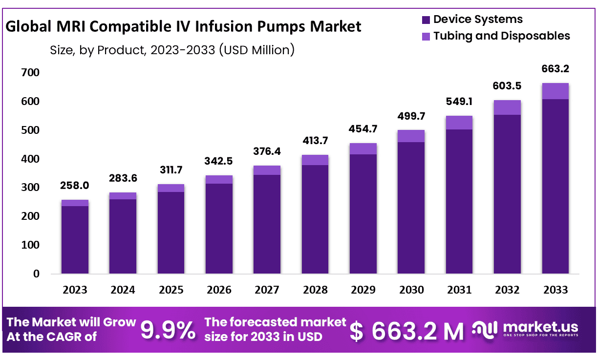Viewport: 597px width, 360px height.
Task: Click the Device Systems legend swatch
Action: point(426,20)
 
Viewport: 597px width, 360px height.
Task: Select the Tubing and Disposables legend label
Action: point(502,36)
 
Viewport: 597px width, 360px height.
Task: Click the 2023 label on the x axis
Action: point(75,290)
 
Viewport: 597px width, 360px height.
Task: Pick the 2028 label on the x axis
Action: point(315,290)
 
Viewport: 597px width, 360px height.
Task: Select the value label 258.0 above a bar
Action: point(75,186)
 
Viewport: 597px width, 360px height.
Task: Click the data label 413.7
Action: point(315,141)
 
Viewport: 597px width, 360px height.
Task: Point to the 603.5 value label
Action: point(507,86)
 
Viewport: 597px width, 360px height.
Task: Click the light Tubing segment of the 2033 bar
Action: point(555,91)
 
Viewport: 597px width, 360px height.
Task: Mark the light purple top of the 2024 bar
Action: point(123,196)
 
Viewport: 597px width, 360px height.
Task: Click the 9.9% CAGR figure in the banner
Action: point(168,331)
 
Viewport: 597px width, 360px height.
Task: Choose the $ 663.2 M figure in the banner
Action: point(407,332)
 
